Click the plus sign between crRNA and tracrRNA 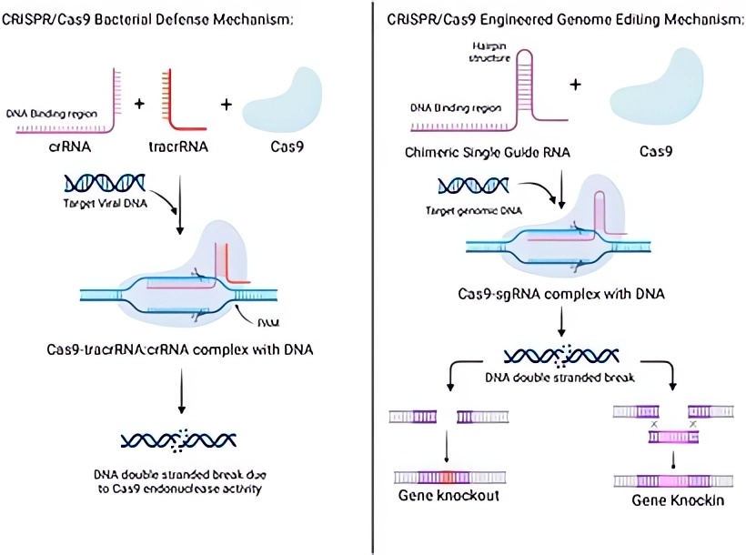[x=139, y=103]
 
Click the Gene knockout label [x=448, y=496]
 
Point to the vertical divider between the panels [x=372, y=273]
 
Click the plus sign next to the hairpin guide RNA [x=575, y=85]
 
